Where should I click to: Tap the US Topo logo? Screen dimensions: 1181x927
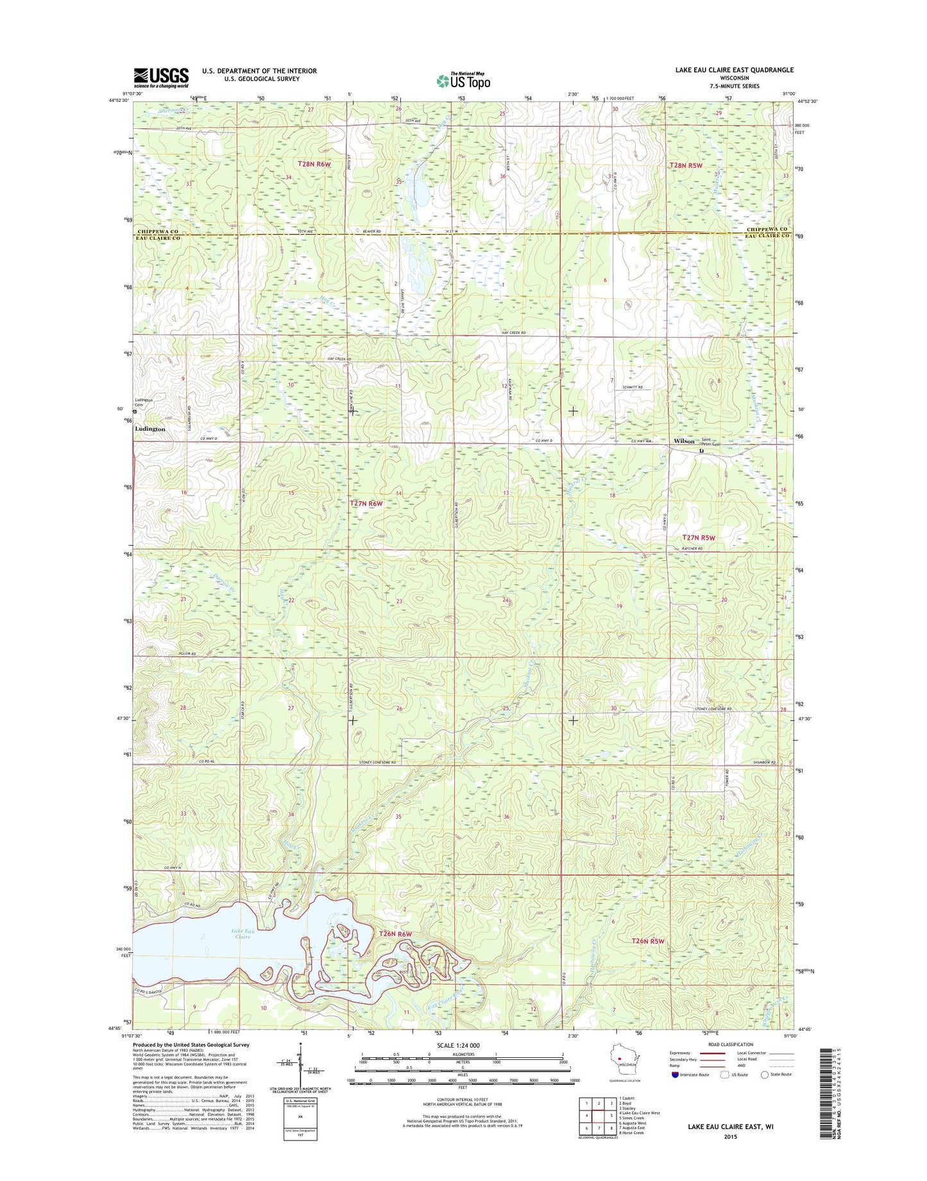463,81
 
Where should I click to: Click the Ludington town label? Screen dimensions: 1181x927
150,429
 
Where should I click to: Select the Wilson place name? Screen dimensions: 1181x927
684,441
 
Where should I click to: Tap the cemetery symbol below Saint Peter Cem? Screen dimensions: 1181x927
701,451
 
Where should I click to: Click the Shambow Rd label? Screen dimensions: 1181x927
765,762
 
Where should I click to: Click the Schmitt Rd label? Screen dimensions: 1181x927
633,388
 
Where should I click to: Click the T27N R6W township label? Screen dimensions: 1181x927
366,503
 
